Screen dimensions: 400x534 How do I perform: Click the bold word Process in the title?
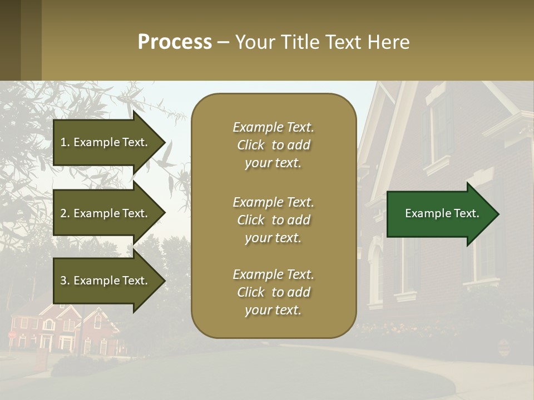point(175,42)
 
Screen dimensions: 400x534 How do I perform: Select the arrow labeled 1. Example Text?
point(106,142)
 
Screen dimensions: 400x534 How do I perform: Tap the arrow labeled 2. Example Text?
point(106,213)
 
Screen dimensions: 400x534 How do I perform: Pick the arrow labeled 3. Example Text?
point(106,281)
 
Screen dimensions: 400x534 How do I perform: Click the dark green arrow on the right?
point(439,214)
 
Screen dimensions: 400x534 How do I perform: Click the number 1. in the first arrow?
point(65,142)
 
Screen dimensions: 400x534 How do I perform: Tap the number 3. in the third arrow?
point(65,281)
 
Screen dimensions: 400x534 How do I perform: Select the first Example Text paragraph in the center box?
point(273,145)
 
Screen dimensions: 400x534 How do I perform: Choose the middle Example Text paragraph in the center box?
point(273,220)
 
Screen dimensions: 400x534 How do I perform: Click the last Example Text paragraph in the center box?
point(273,292)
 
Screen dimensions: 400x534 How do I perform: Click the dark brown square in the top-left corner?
point(10,40)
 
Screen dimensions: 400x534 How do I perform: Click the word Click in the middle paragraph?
point(251,220)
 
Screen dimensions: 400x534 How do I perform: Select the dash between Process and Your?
point(223,42)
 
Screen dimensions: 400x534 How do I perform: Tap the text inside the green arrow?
point(442,213)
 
